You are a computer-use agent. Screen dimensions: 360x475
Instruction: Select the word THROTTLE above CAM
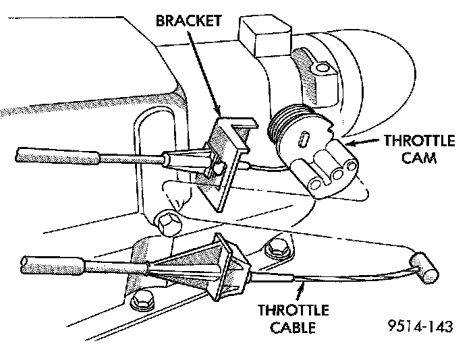[x=419, y=141]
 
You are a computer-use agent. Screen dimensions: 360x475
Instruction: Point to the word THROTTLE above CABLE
[x=293, y=311]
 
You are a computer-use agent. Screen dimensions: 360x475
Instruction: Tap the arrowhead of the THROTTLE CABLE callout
[x=300, y=284]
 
